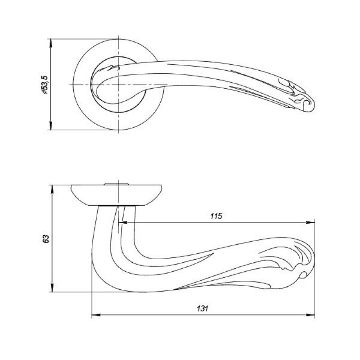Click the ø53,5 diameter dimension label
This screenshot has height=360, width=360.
click(45, 85)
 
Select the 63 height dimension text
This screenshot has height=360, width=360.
click(46, 239)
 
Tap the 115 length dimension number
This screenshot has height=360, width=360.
click(216, 216)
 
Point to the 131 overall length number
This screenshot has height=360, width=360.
click(202, 308)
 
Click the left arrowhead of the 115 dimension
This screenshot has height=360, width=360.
click(122, 222)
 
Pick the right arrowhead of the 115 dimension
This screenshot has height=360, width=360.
click(310, 222)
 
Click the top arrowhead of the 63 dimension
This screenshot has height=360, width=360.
click(53, 189)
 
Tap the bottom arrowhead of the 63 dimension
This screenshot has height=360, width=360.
click(53, 288)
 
